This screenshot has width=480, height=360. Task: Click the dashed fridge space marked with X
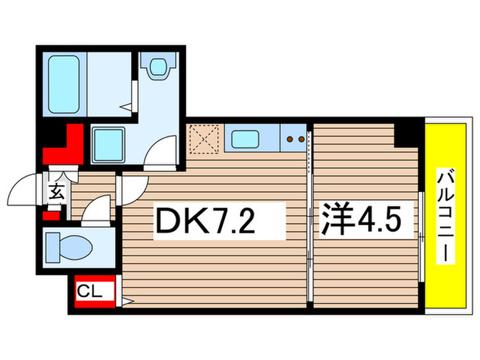(x=204, y=139)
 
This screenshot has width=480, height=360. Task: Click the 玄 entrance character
(x=57, y=193)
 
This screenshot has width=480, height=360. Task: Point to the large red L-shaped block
(x=66, y=147)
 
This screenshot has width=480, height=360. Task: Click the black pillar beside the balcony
(x=409, y=132)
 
